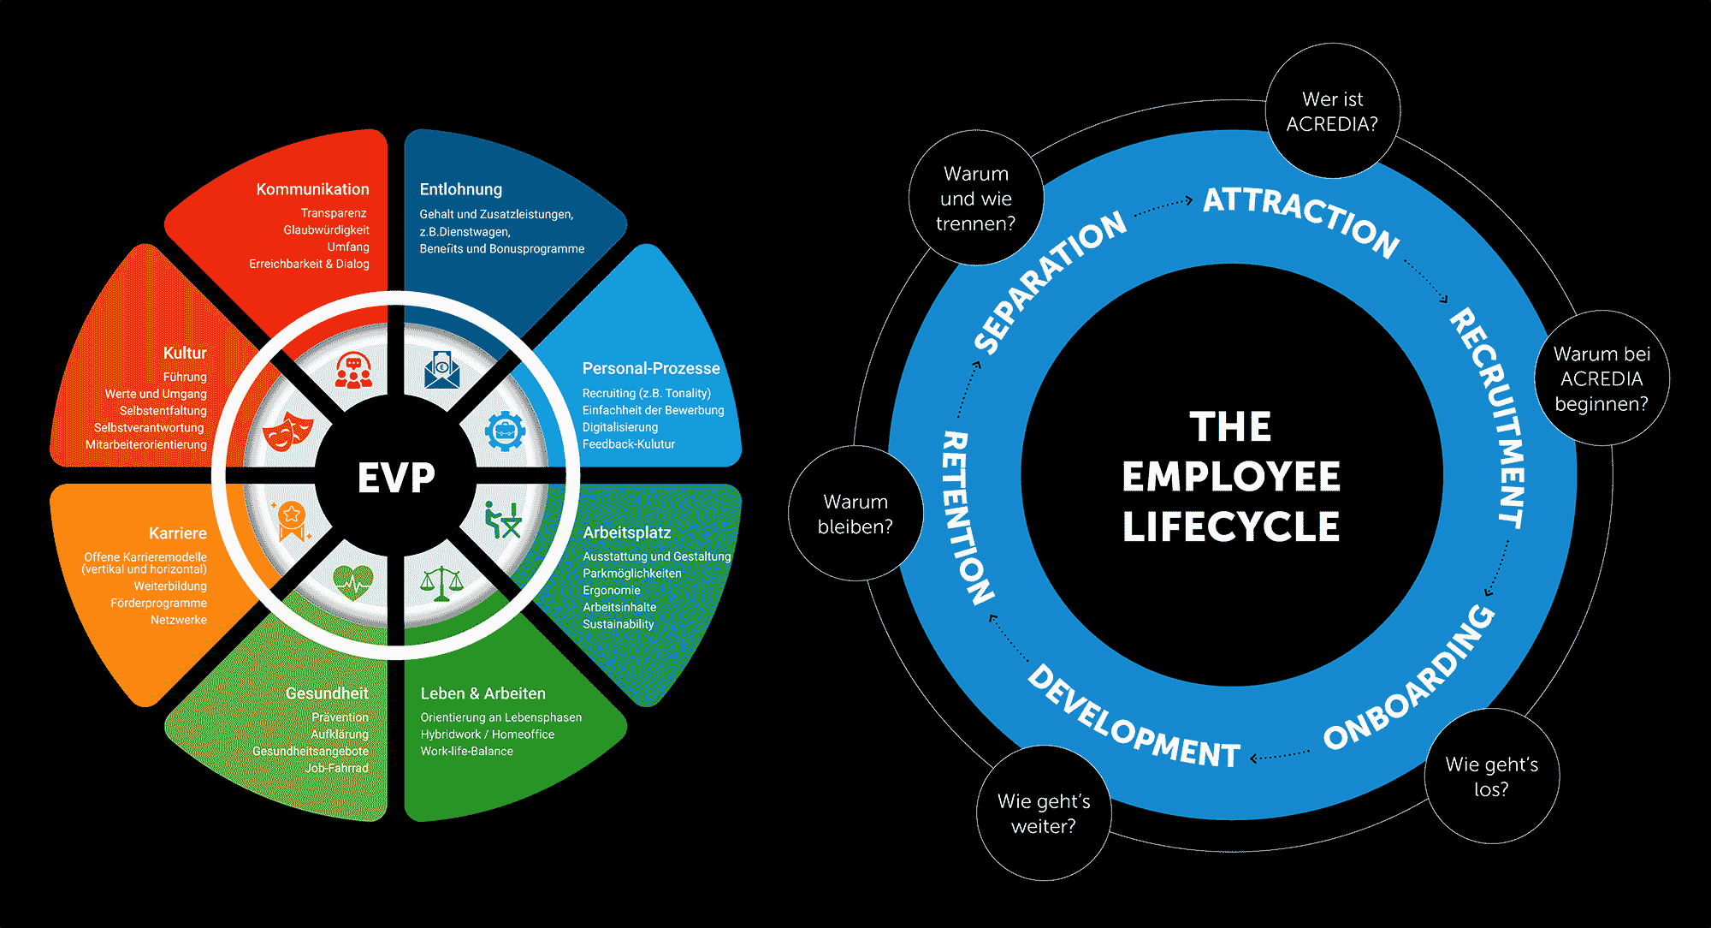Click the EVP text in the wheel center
click(x=396, y=478)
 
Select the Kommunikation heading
click(x=312, y=189)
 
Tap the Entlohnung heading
click(x=460, y=189)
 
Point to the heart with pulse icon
click(x=352, y=583)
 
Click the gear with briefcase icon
click(x=506, y=431)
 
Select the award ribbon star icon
click(x=291, y=519)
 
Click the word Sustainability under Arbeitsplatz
click(x=618, y=624)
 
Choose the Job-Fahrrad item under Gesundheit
click(x=336, y=768)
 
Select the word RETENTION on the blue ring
click(x=968, y=518)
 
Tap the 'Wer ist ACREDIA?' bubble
click(x=1332, y=111)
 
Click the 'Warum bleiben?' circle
click(x=855, y=514)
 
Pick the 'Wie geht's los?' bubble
click(x=1491, y=776)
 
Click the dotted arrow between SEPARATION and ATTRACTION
click(x=1163, y=206)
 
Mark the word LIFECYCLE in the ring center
click(x=1231, y=526)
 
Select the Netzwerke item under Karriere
click(x=178, y=620)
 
